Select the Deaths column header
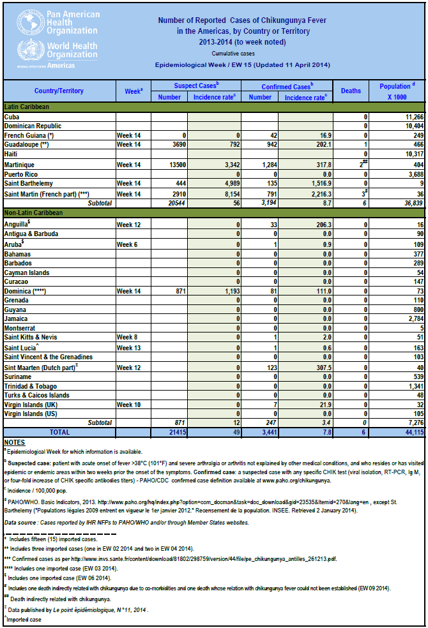[351, 91]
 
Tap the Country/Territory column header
[59, 91]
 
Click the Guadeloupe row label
[29, 145]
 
